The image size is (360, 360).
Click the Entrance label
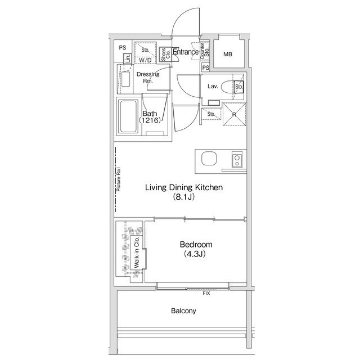185,52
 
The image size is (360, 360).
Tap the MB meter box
228,55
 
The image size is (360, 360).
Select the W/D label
145,60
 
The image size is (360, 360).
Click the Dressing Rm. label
148,78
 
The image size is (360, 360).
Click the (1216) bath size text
149,121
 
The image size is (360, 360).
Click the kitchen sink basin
209,159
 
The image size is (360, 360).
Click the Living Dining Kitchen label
184,187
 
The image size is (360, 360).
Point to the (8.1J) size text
184,197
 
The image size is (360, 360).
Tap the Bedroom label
196,245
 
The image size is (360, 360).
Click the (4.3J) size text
196,254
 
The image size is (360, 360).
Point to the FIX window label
206,293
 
